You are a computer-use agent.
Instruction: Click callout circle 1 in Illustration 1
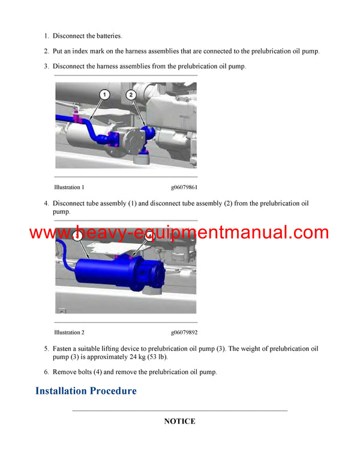(104, 95)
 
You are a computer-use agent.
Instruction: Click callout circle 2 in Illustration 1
(131, 95)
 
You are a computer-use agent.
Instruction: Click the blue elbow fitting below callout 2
(146, 133)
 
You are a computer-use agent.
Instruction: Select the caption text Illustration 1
(69, 187)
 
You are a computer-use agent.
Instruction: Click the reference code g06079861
(184, 187)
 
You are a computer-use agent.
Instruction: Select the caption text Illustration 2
(69, 332)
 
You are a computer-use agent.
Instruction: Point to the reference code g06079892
(184, 332)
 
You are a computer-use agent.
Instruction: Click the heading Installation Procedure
(86, 391)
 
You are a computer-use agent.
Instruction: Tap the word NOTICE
(179, 422)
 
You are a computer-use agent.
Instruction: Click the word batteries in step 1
(107, 36)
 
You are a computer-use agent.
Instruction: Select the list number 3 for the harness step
(46, 66)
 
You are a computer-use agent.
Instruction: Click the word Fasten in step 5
(64, 348)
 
